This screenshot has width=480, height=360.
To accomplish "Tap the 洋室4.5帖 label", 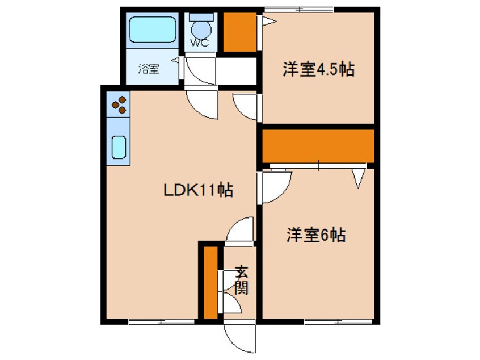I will pyautogui.click(x=319, y=70).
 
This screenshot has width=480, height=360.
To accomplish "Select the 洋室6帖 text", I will pyautogui.click(x=316, y=235).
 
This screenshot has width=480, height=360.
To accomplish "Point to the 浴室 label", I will pyautogui.click(x=149, y=69).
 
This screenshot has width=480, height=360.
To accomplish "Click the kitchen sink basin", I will pyautogui.click(x=119, y=147).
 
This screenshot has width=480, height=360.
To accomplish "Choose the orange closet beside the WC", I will pyautogui.click(x=238, y=32).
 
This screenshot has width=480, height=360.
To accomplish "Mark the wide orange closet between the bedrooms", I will pyautogui.click(x=318, y=146).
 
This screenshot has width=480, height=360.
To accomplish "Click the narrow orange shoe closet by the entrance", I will pyautogui.click(x=210, y=282).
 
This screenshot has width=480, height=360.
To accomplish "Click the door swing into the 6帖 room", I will pyautogui.click(x=275, y=187).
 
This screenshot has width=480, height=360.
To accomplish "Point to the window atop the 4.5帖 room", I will pyautogui.click(x=298, y=9).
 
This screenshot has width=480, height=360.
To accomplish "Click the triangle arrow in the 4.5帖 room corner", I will pyautogui.click(x=268, y=21).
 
